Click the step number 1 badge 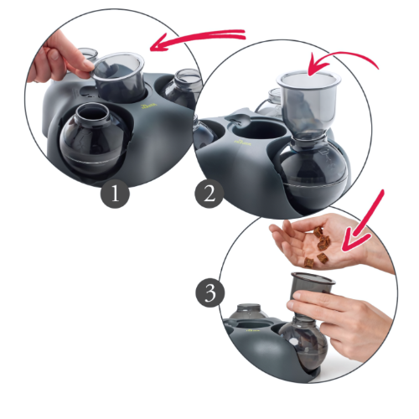[x=116, y=195]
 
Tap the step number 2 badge [x=210, y=195]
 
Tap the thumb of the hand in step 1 [x=84, y=59]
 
